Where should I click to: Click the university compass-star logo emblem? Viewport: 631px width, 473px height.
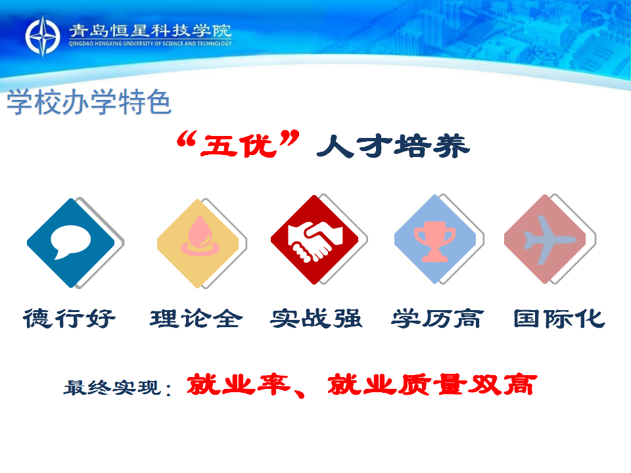(43, 36)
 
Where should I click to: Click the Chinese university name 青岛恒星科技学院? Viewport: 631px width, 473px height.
(151, 31)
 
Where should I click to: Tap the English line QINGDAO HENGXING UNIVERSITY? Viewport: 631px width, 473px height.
(150, 43)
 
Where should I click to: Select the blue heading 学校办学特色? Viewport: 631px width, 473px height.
(89, 102)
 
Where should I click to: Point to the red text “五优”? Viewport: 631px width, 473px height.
(238, 144)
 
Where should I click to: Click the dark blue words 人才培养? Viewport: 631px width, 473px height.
(393, 146)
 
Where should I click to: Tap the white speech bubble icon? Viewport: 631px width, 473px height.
(70, 242)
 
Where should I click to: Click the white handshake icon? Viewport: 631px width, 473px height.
(315, 241)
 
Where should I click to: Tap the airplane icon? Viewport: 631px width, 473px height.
(549, 240)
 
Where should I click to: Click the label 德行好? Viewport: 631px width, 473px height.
(69, 319)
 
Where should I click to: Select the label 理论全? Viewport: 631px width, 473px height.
(197, 319)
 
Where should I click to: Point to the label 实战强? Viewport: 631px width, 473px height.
(316, 319)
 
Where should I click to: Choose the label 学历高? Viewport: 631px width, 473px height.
(438, 319)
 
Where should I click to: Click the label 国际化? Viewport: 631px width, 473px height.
(559, 319)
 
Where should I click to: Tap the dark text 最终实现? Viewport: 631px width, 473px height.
(112, 388)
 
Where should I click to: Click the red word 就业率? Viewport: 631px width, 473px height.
(238, 384)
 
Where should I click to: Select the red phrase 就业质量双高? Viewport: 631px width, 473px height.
(432, 384)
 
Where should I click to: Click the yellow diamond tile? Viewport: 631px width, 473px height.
(198, 243)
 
